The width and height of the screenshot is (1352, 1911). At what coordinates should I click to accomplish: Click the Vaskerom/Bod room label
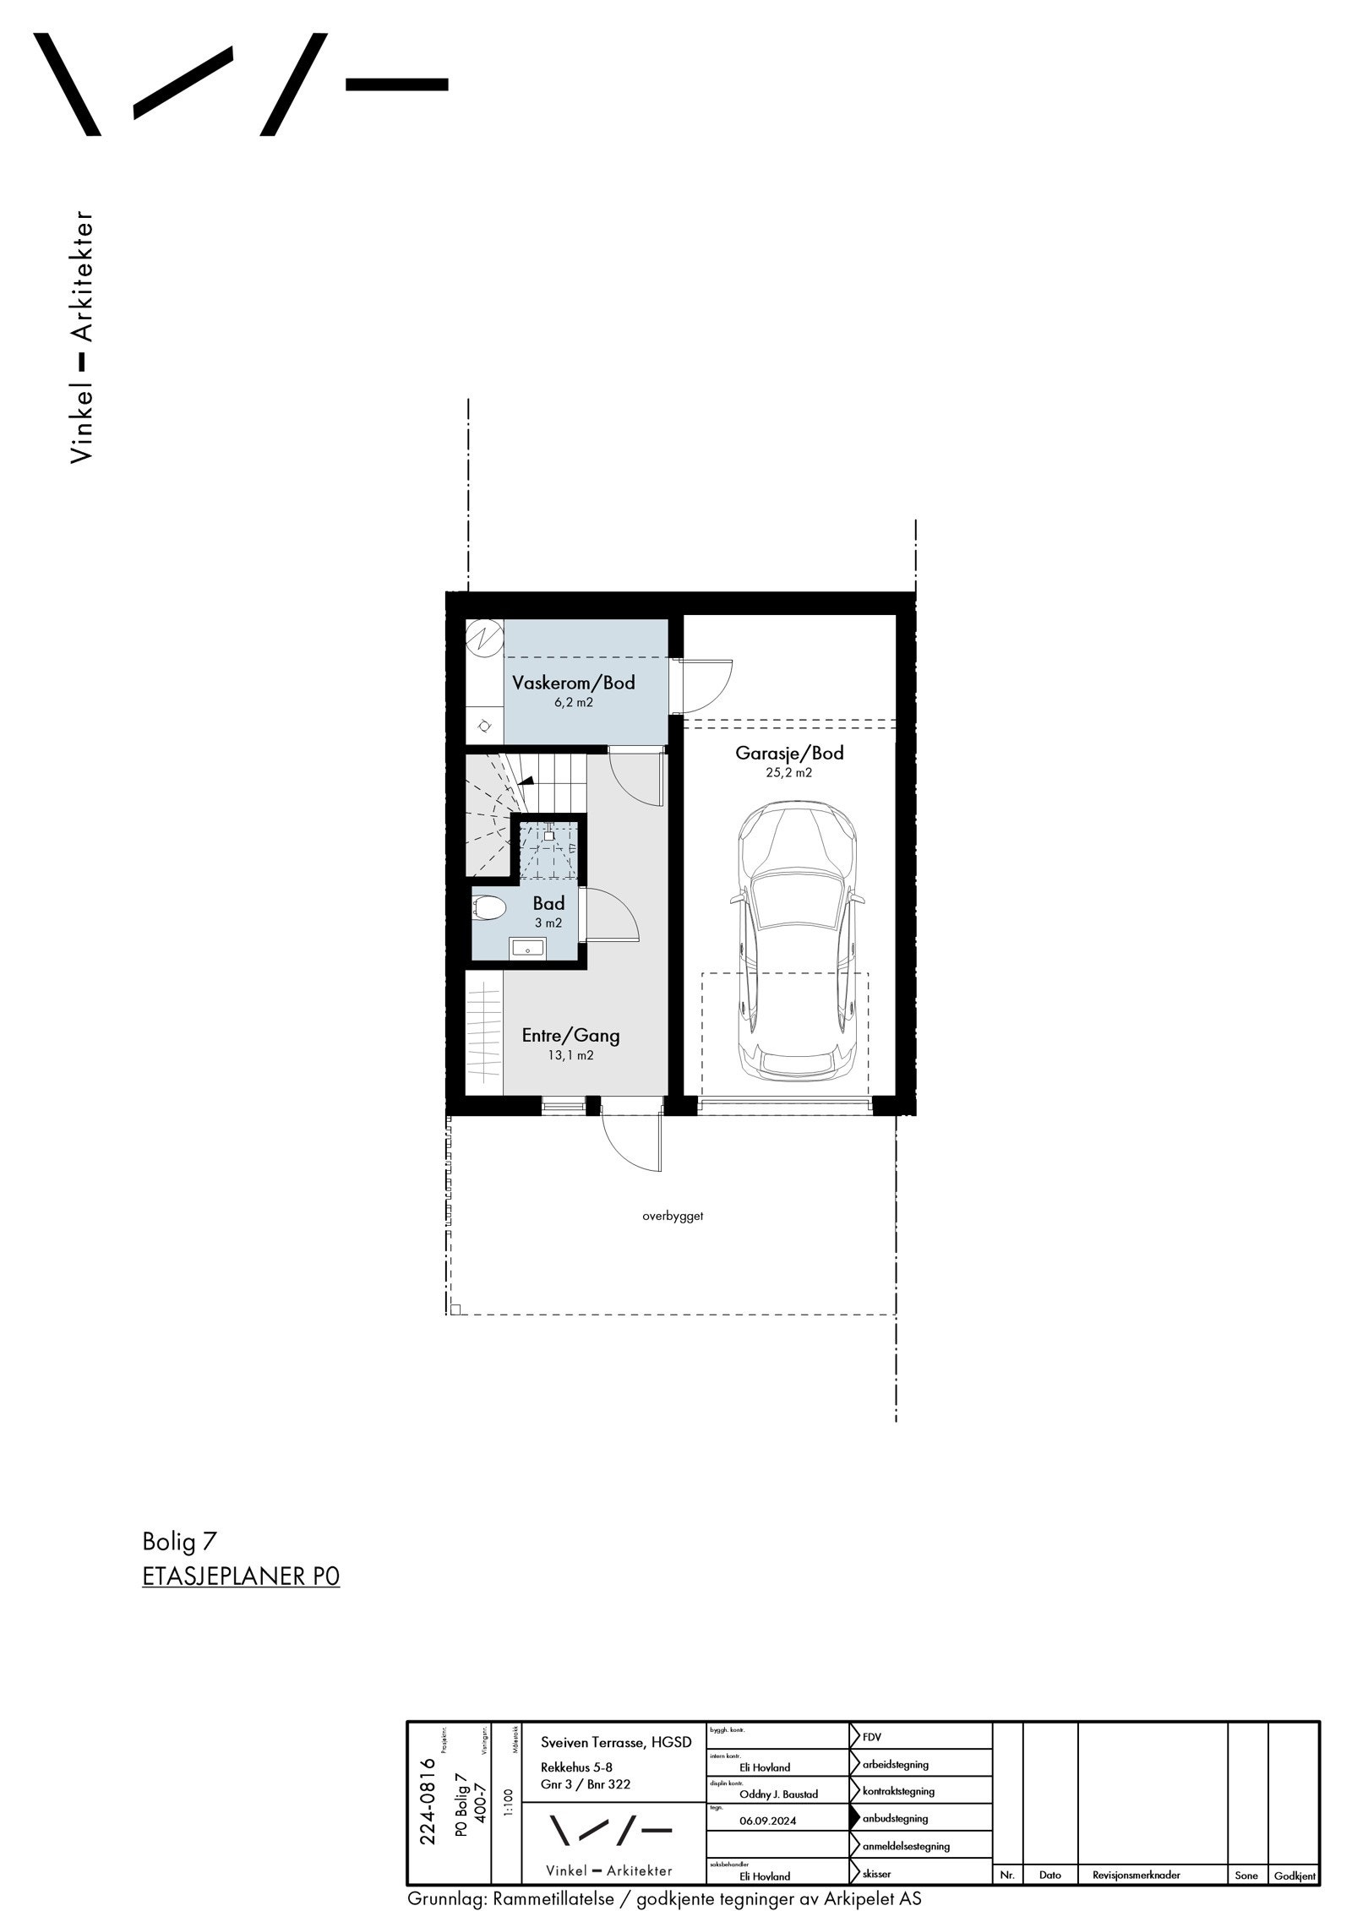(x=574, y=683)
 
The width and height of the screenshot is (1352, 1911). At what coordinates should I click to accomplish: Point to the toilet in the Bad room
(x=488, y=909)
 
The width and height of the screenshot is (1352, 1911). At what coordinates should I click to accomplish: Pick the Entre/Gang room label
(x=570, y=1035)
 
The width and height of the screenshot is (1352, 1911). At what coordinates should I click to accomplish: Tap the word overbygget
(x=673, y=1217)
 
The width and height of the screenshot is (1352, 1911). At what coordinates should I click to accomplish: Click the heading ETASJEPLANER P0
(x=241, y=1576)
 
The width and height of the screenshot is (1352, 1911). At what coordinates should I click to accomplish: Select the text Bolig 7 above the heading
(x=179, y=1542)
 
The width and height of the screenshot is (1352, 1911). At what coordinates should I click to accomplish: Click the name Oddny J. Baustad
(x=778, y=1794)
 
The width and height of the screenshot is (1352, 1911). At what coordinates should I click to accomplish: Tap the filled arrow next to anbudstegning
(x=855, y=1817)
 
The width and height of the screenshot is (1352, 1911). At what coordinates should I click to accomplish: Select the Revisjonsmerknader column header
(x=1130, y=1875)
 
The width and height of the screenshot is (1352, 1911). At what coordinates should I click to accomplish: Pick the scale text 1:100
(x=508, y=1801)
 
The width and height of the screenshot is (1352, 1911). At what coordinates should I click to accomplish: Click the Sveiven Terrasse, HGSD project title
(x=616, y=1742)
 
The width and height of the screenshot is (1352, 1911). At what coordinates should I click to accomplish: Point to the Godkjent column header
(x=1295, y=1876)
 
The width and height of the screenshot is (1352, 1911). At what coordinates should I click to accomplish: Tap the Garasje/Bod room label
(x=789, y=753)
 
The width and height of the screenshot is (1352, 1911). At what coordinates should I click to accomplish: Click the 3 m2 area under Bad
(x=548, y=923)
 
